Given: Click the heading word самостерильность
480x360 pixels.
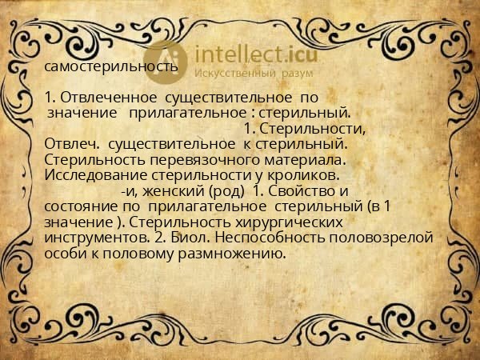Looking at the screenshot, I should coord(111,66).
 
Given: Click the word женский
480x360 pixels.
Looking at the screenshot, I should coord(173,190).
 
